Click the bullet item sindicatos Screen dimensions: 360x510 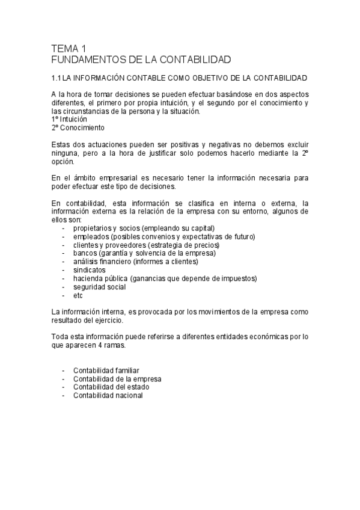[x=89, y=270]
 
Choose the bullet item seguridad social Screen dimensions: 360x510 [x=99, y=287]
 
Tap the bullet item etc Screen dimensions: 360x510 [x=78, y=295]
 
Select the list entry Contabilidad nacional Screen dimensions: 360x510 [x=108, y=396]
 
